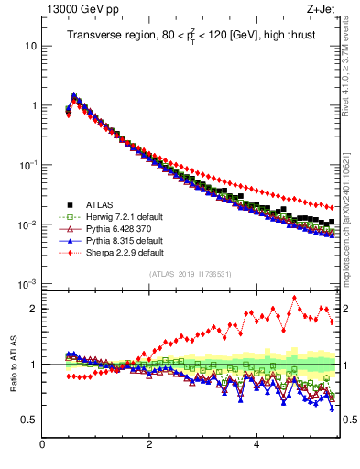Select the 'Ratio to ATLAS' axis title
pos(13,365)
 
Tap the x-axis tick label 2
pos(149,446)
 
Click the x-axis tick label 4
pos(256,446)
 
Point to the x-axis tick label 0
pos(42,446)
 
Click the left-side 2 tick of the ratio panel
pos(33,309)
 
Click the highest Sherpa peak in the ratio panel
pos(294,298)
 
